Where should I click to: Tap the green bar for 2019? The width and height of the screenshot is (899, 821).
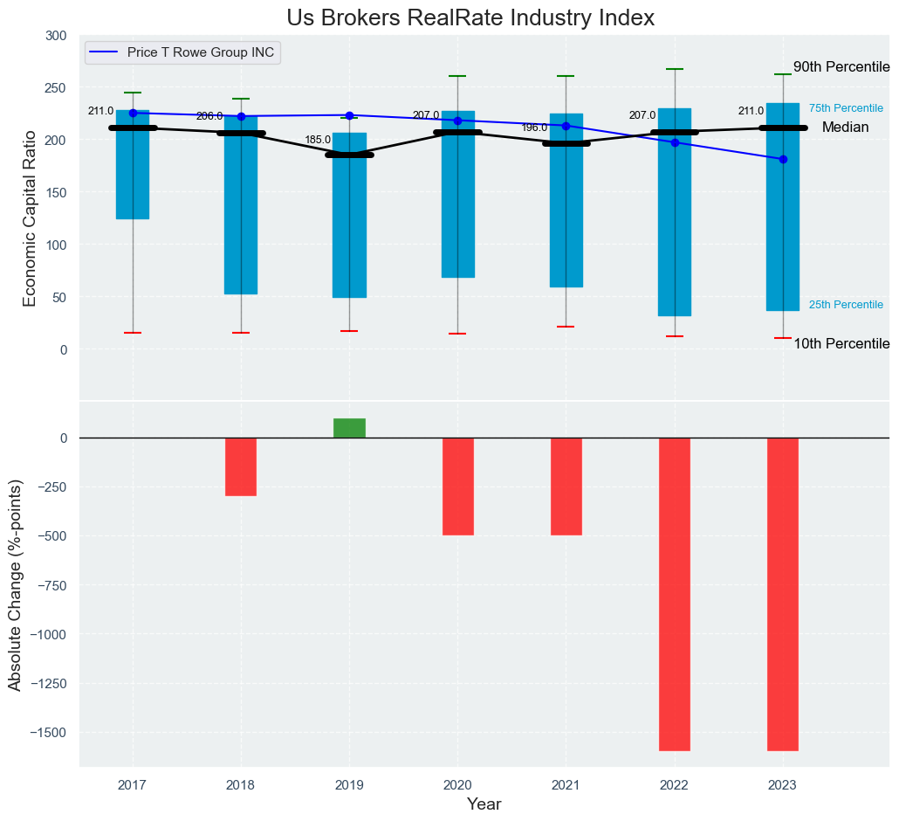[x=349, y=428]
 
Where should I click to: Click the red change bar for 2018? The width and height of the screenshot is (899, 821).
[x=241, y=466]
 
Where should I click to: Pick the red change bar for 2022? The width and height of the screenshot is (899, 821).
[x=675, y=594]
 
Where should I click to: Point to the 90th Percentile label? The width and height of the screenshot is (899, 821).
[x=841, y=67]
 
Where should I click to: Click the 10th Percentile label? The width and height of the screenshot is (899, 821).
[x=841, y=344]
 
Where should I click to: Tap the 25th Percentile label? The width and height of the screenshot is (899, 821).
[x=846, y=305]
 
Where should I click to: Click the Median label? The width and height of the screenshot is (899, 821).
[x=845, y=128]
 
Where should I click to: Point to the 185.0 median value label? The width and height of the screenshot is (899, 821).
[x=318, y=140]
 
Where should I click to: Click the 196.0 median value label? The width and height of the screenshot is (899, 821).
[x=534, y=128]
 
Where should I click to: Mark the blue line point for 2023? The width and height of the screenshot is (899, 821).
[x=783, y=159]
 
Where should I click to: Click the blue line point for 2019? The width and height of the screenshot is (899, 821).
[x=349, y=115]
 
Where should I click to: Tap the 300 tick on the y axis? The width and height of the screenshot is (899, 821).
[x=56, y=36]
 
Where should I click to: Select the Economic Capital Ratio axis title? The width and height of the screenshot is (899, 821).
[x=30, y=218]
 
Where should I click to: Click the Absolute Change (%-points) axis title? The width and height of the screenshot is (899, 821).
[x=15, y=585]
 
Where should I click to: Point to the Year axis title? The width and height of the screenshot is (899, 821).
[x=484, y=804]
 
